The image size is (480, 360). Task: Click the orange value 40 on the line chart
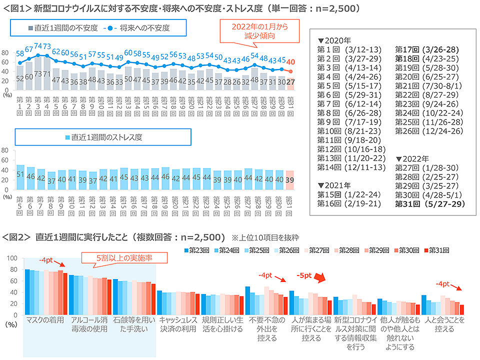click(x=290, y=61)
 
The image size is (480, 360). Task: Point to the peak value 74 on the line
click(x=38, y=46)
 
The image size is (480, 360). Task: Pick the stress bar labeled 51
click(x=20, y=174)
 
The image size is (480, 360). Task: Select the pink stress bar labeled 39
click(x=290, y=179)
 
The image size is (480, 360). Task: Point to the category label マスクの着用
click(x=44, y=320)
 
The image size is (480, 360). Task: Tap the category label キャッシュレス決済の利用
click(x=177, y=324)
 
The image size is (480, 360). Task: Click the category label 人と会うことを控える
click(x=444, y=324)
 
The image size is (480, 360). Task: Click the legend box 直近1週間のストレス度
click(x=103, y=136)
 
